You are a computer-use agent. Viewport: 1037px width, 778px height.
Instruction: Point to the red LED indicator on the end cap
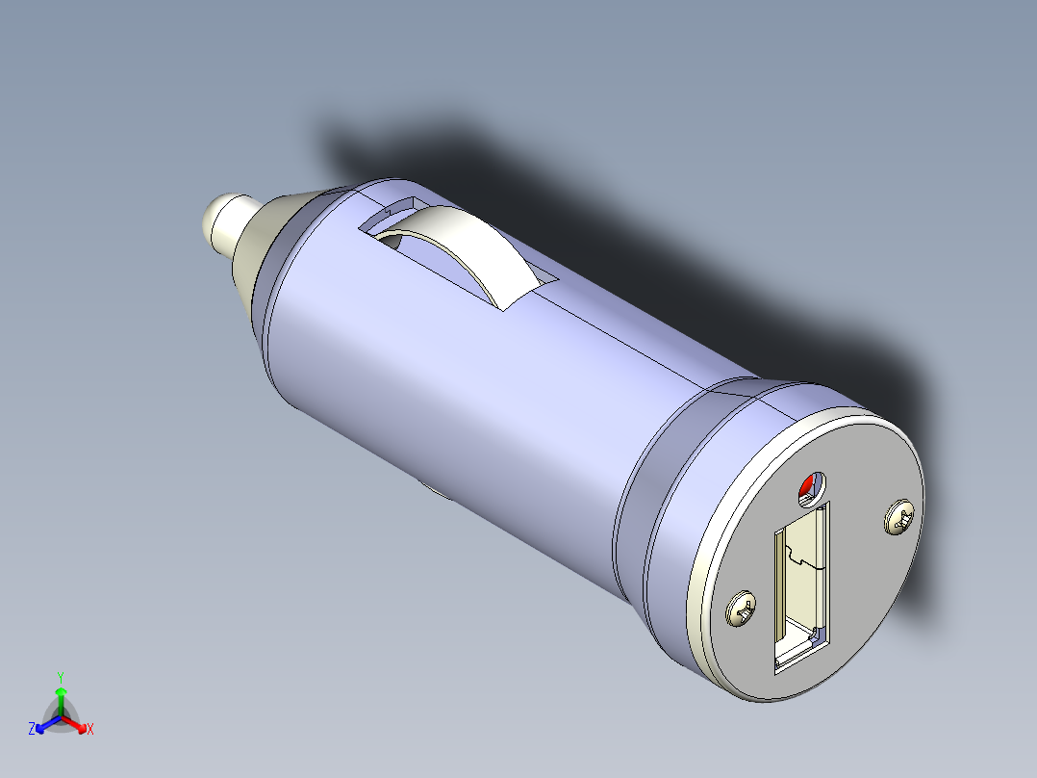[x=807, y=490]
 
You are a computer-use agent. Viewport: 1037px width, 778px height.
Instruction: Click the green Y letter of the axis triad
[x=61, y=676]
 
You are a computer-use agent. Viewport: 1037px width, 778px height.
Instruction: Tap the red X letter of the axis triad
[x=89, y=729]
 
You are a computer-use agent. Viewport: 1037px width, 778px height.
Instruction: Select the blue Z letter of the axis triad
[x=32, y=729]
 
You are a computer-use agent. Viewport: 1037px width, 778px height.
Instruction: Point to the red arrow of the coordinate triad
[x=77, y=724]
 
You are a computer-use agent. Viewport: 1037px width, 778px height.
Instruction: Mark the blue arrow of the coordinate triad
[x=45, y=724]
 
